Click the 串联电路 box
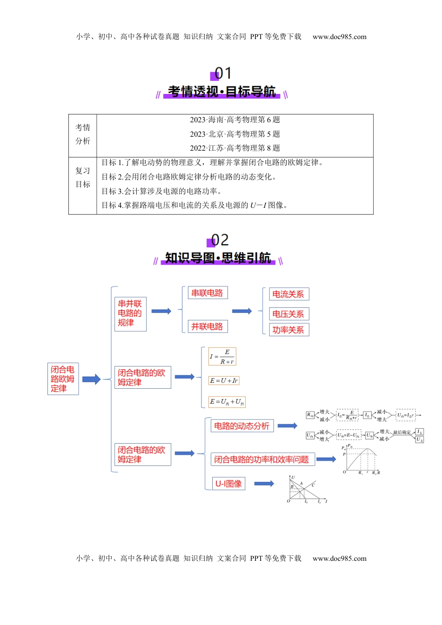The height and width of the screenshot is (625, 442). coord(207,293)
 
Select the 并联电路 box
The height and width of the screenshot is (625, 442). coord(207,326)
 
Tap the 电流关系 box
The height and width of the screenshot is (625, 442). coord(288,294)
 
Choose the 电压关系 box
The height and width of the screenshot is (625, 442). coord(288,314)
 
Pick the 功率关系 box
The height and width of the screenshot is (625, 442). coord(288,330)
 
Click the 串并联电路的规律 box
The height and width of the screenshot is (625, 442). coord(130,314)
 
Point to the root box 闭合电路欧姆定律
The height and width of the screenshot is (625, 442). coord(63,379)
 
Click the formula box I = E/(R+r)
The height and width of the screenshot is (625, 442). coord(222,357)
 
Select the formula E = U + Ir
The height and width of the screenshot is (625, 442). coord(224,380)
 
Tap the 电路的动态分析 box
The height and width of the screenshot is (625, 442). coord(241,426)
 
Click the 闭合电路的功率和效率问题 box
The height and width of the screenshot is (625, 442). coord(262,459)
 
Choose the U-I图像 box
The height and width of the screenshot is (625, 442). coord(228,484)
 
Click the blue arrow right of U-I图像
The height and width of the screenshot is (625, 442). coord(264,484)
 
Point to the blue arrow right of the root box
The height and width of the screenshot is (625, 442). coord(91,379)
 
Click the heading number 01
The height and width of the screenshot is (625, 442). coord(222,73)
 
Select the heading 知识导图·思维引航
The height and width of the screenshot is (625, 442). coord(218,258)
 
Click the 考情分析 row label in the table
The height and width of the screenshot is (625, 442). coord(83,134)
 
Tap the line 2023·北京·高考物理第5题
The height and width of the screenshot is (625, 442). coord(234,134)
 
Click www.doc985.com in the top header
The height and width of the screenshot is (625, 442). coord(339,37)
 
